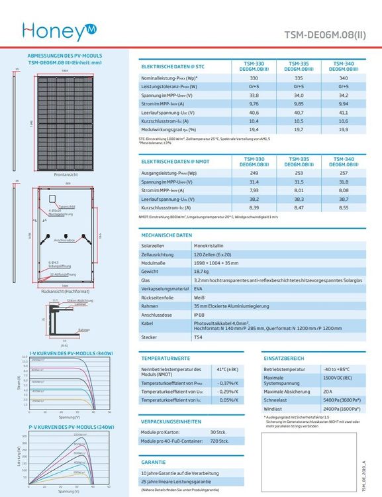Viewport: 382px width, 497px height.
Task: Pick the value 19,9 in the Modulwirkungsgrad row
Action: click(x=343, y=130)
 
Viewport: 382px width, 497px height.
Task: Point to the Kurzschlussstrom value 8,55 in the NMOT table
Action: click(x=343, y=207)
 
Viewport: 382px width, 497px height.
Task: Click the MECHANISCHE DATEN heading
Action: click(x=167, y=235)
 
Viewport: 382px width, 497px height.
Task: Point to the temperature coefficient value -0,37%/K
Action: click(x=227, y=383)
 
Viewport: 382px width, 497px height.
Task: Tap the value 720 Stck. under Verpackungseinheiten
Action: click(x=219, y=441)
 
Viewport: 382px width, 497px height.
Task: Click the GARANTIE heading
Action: click(x=153, y=462)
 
